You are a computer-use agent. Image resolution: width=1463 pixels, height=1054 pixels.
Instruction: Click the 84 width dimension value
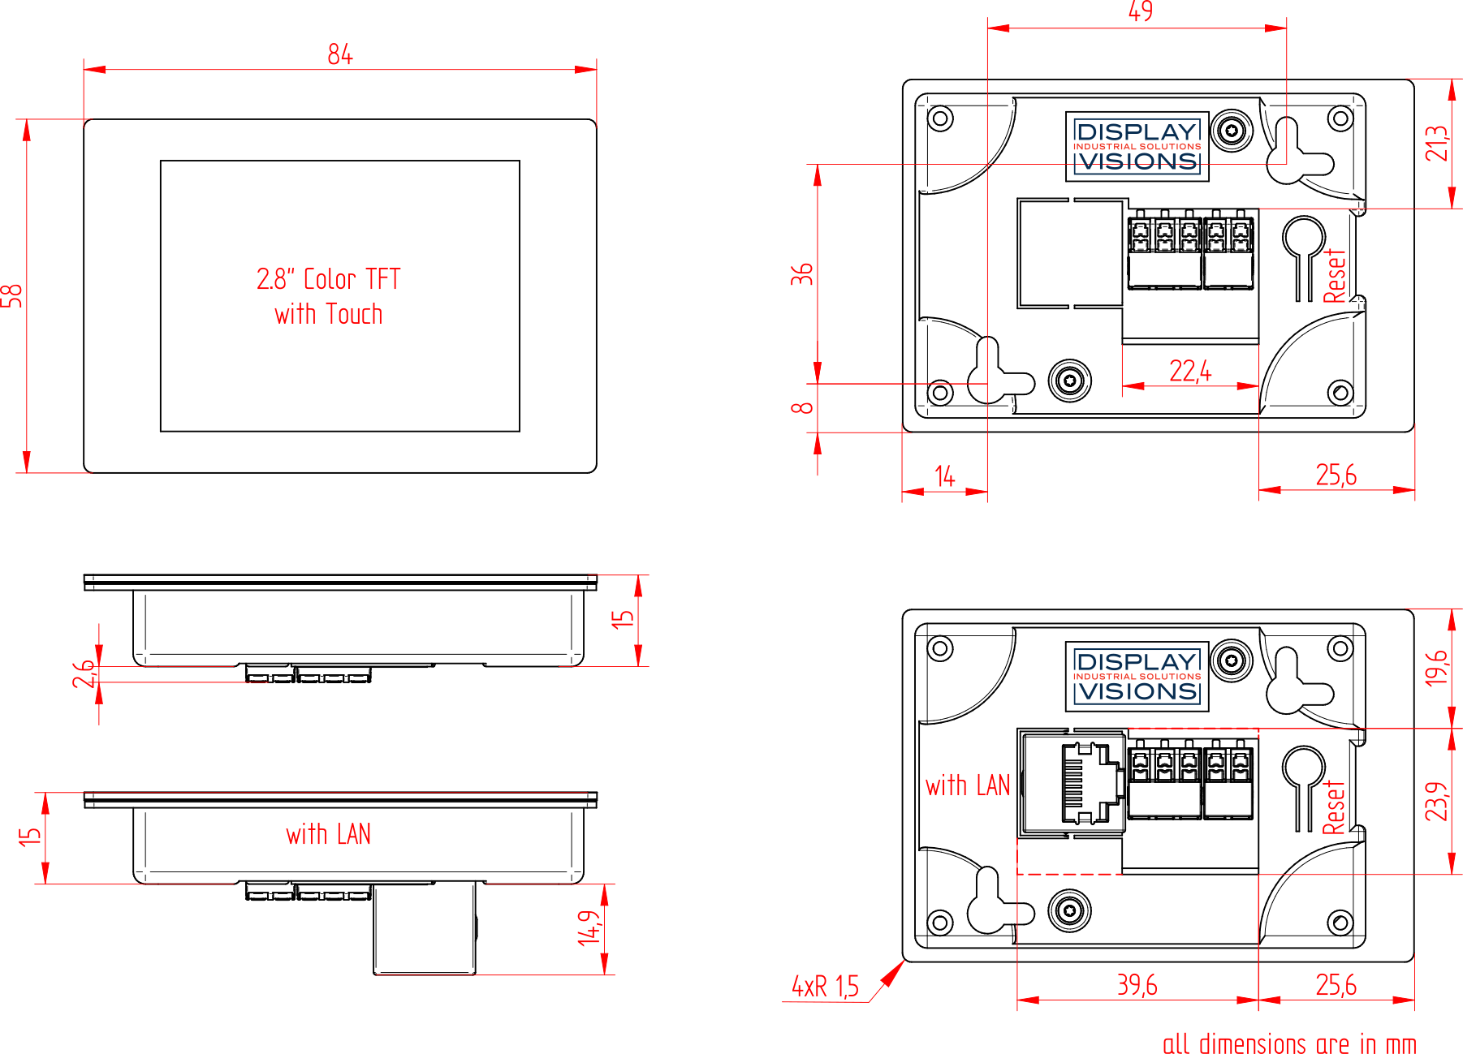click(340, 54)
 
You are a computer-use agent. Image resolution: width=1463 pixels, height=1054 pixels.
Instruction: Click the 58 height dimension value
click(11, 296)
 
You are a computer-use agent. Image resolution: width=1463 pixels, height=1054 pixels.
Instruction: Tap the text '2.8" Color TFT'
click(329, 279)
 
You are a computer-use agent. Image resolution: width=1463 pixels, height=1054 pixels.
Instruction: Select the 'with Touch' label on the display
click(329, 314)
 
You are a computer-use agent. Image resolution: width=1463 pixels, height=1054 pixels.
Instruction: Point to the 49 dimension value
click(1141, 11)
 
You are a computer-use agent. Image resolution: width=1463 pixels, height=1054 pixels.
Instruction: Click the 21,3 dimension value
click(1437, 143)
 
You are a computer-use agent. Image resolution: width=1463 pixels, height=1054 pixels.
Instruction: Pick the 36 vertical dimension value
click(802, 273)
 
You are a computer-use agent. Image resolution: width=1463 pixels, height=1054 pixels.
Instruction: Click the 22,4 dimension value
click(1190, 371)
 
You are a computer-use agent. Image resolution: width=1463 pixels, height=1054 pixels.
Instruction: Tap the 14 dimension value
click(944, 476)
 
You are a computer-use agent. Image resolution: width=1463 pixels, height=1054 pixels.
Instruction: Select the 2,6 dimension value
click(84, 673)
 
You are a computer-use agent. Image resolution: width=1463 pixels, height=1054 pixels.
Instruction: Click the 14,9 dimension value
click(589, 927)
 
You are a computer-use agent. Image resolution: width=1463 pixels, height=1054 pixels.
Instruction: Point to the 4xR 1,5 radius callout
click(825, 986)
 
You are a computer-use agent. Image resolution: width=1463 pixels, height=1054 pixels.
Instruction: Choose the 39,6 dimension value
click(1137, 985)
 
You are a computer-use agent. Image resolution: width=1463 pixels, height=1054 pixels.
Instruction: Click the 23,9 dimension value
click(1437, 801)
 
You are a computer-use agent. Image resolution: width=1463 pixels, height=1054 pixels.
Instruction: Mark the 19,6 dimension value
click(1437, 667)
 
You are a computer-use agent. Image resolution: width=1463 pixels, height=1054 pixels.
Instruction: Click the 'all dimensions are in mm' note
click(1289, 1043)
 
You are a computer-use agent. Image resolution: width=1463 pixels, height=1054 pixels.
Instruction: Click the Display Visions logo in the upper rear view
click(1137, 147)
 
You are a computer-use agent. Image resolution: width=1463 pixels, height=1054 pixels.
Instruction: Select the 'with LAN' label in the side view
click(329, 834)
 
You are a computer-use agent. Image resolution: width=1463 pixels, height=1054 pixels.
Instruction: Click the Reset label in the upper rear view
click(1335, 277)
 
